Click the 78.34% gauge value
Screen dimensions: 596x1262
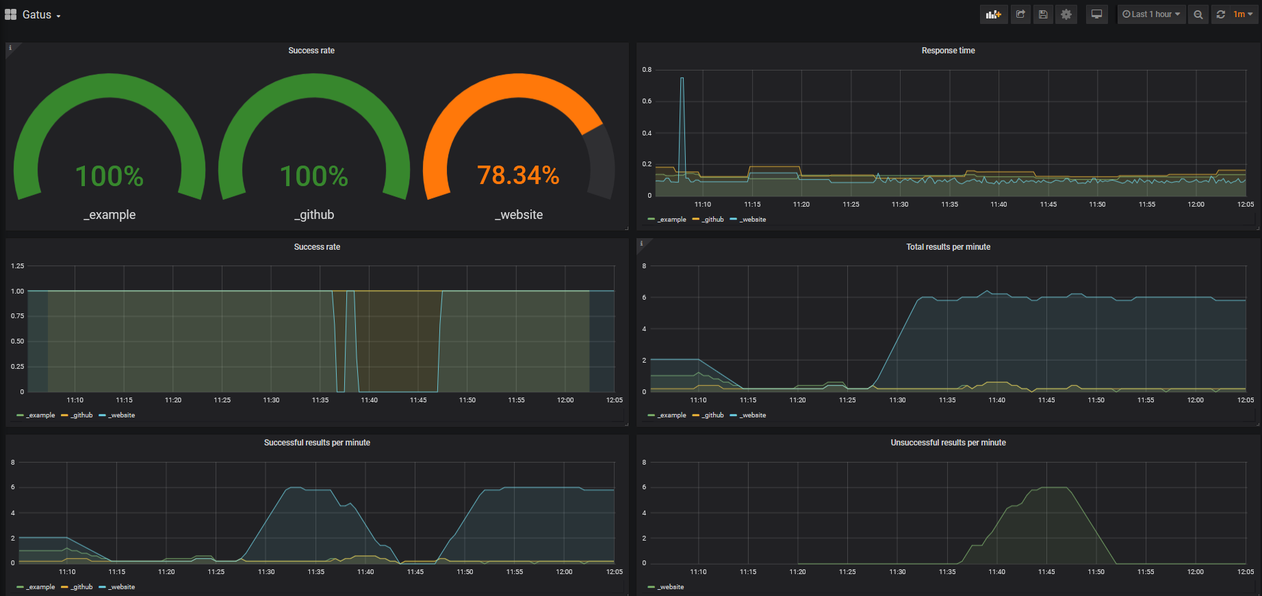pos(518,175)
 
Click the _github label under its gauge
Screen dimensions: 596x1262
pos(314,215)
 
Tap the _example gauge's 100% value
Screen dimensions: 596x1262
pos(110,177)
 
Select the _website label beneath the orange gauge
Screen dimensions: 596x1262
pos(519,215)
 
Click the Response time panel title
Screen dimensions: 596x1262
pos(948,51)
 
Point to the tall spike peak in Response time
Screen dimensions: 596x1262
pos(682,79)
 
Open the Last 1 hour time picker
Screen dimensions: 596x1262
pos(1151,14)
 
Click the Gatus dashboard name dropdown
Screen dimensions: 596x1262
pos(41,15)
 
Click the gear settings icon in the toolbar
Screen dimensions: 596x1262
pos(1066,14)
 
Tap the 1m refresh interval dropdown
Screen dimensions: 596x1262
pos(1243,14)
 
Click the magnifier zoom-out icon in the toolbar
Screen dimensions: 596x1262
pos(1198,14)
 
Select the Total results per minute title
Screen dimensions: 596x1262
pos(948,247)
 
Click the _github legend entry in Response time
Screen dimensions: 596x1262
pos(709,220)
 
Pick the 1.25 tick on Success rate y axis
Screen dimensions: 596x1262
pos(18,266)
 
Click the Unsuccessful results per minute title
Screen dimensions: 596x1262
pos(948,443)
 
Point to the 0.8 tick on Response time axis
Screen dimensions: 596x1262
pos(647,70)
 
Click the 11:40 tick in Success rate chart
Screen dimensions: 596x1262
pos(369,400)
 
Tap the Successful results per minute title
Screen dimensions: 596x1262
pos(317,443)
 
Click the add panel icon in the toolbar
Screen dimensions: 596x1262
pos(993,14)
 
